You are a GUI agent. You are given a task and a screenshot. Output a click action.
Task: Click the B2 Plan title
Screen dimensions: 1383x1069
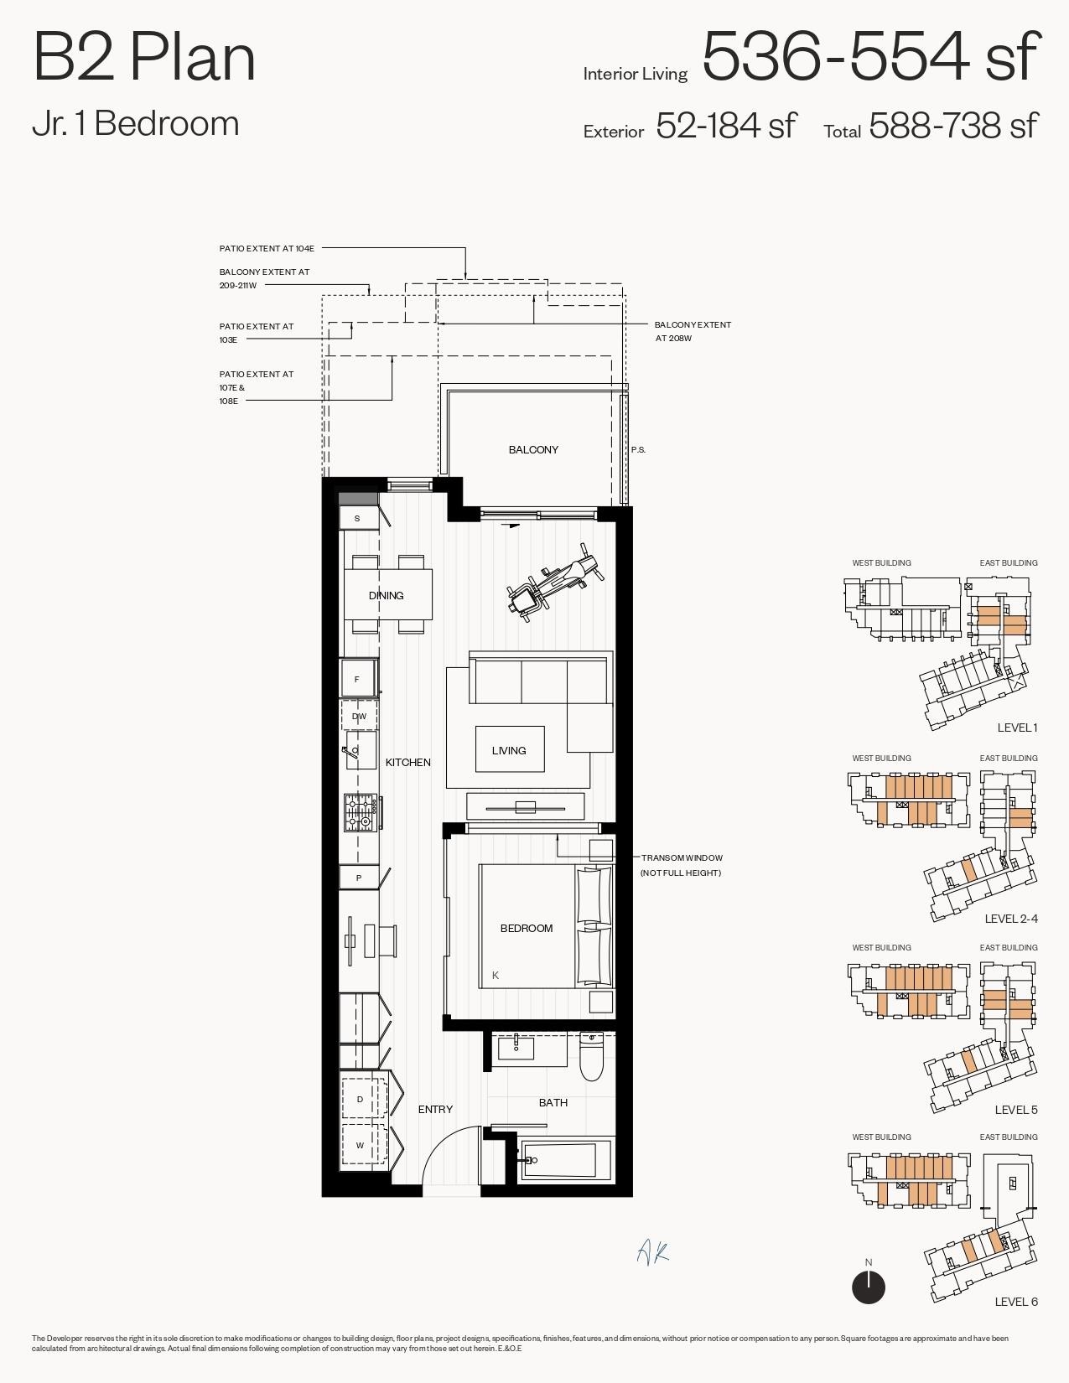click(144, 57)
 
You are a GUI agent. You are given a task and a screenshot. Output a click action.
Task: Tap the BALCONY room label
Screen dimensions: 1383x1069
click(533, 450)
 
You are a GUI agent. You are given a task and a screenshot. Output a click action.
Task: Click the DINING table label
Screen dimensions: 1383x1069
click(387, 596)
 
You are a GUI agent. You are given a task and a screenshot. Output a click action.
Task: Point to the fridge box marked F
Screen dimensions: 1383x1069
click(358, 679)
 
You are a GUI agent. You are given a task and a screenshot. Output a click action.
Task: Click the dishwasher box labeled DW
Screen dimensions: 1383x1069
click(359, 717)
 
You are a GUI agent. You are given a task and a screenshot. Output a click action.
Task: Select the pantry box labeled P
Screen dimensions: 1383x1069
click(359, 878)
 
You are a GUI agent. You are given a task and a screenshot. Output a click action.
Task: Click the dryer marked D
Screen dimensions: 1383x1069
click(361, 1099)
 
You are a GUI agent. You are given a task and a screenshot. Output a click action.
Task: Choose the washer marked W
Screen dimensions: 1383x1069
click(361, 1145)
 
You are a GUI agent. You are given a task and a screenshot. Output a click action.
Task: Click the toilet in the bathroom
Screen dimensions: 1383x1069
click(592, 1057)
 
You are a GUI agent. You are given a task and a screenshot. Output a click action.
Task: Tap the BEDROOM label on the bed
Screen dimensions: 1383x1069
click(527, 928)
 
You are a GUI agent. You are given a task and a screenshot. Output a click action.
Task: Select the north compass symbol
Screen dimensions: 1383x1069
click(869, 1287)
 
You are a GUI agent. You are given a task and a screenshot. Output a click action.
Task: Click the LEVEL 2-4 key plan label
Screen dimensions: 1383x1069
click(1010, 919)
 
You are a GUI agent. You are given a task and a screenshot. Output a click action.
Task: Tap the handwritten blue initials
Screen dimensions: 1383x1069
click(652, 1252)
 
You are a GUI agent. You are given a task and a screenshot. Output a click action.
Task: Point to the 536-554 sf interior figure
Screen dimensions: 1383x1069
click(869, 57)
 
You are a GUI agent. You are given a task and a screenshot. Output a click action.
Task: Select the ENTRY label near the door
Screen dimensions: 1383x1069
click(435, 1109)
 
